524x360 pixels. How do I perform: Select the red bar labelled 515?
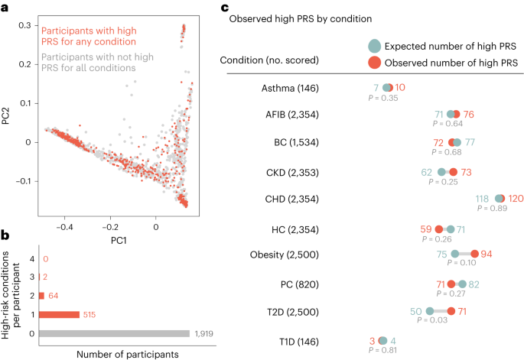pyautogui.click(x=54, y=314)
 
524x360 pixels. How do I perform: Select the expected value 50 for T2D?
pyautogui.click(x=416, y=310)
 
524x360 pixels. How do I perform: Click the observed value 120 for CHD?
pyautogui.click(x=516, y=199)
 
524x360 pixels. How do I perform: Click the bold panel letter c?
pyautogui.click(x=224, y=8)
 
